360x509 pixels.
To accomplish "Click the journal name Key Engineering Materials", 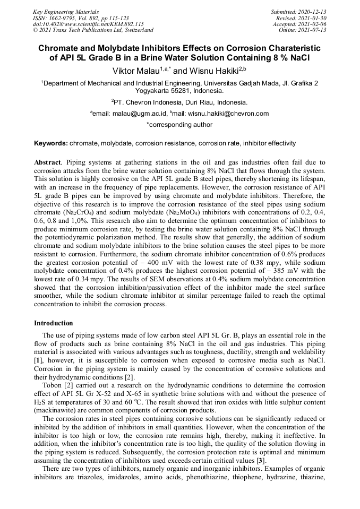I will pyautogui.click(x=66, y=11).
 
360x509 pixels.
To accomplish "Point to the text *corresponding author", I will pyautogui.click(x=179, y=125).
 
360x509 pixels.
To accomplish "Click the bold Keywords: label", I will pyautogui.click(x=51, y=143).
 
